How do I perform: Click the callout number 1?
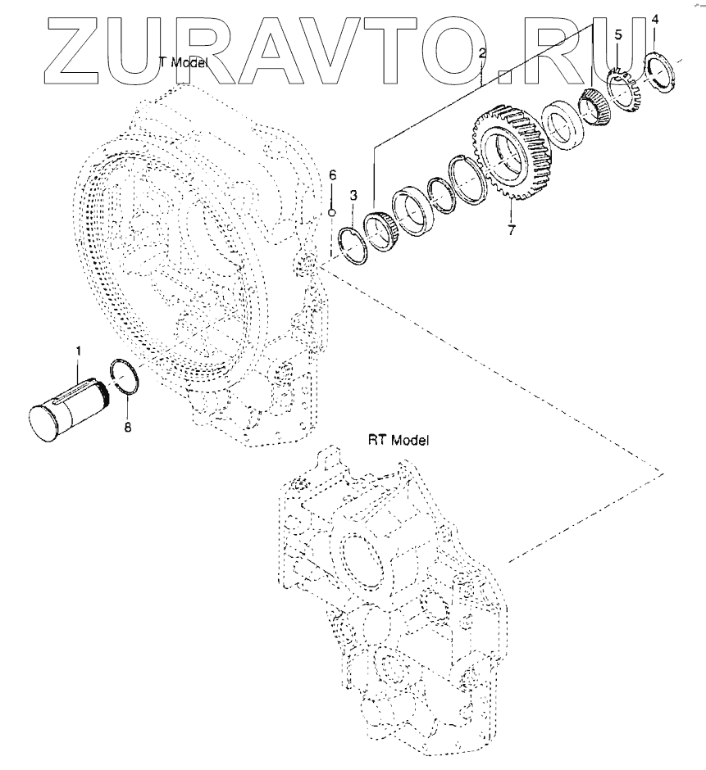[78, 351]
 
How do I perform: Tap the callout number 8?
[127, 428]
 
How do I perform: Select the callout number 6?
[333, 175]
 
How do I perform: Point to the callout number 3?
[353, 196]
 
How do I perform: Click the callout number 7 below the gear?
[512, 230]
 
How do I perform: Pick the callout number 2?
[482, 53]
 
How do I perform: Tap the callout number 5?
[618, 34]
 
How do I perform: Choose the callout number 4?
[654, 20]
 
